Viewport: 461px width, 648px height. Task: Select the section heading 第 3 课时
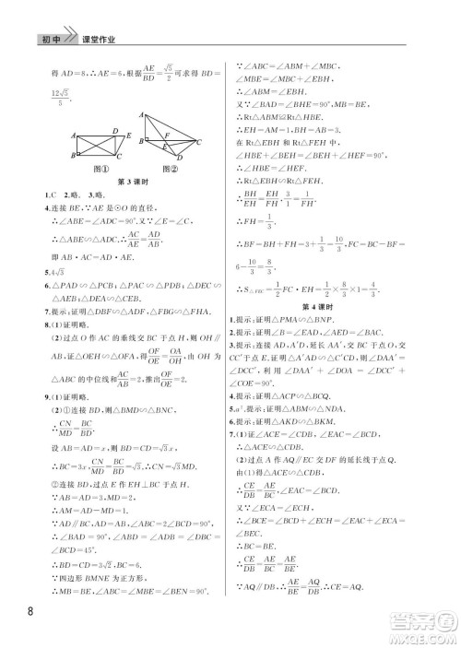134,184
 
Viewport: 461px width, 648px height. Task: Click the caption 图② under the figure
168,169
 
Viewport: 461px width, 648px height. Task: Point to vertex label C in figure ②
201,142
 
